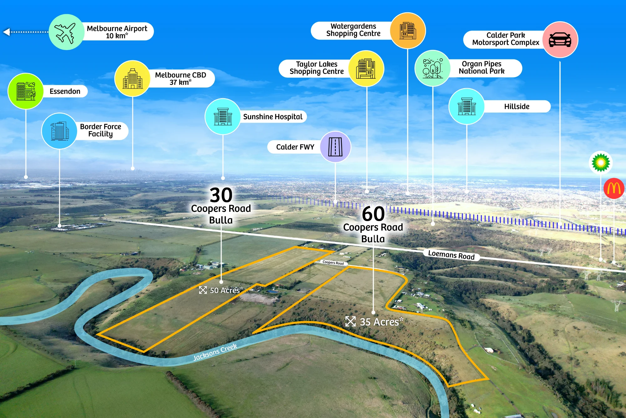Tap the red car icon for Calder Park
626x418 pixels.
(x=560, y=40)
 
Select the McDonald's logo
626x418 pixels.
(x=614, y=188)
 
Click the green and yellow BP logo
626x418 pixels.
(x=600, y=162)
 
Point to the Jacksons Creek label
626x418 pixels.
(x=215, y=352)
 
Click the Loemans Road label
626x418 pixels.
(x=451, y=255)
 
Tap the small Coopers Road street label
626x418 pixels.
(x=333, y=263)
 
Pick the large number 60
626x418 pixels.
(x=373, y=214)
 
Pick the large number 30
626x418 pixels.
(x=221, y=195)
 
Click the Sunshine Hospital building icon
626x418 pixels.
(x=223, y=117)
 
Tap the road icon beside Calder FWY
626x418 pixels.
(x=335, y=147)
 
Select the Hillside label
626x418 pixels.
(x=517, y=106)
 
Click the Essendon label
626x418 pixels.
(x=65, y=91)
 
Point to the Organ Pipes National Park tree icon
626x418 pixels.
(x=433, y=68)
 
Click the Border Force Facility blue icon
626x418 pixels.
(x=59, y=131)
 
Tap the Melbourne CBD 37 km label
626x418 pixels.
(x=181, y=78)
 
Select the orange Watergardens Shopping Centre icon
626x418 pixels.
(x=408, y=30)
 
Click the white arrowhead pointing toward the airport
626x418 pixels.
(x=6, y=32)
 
